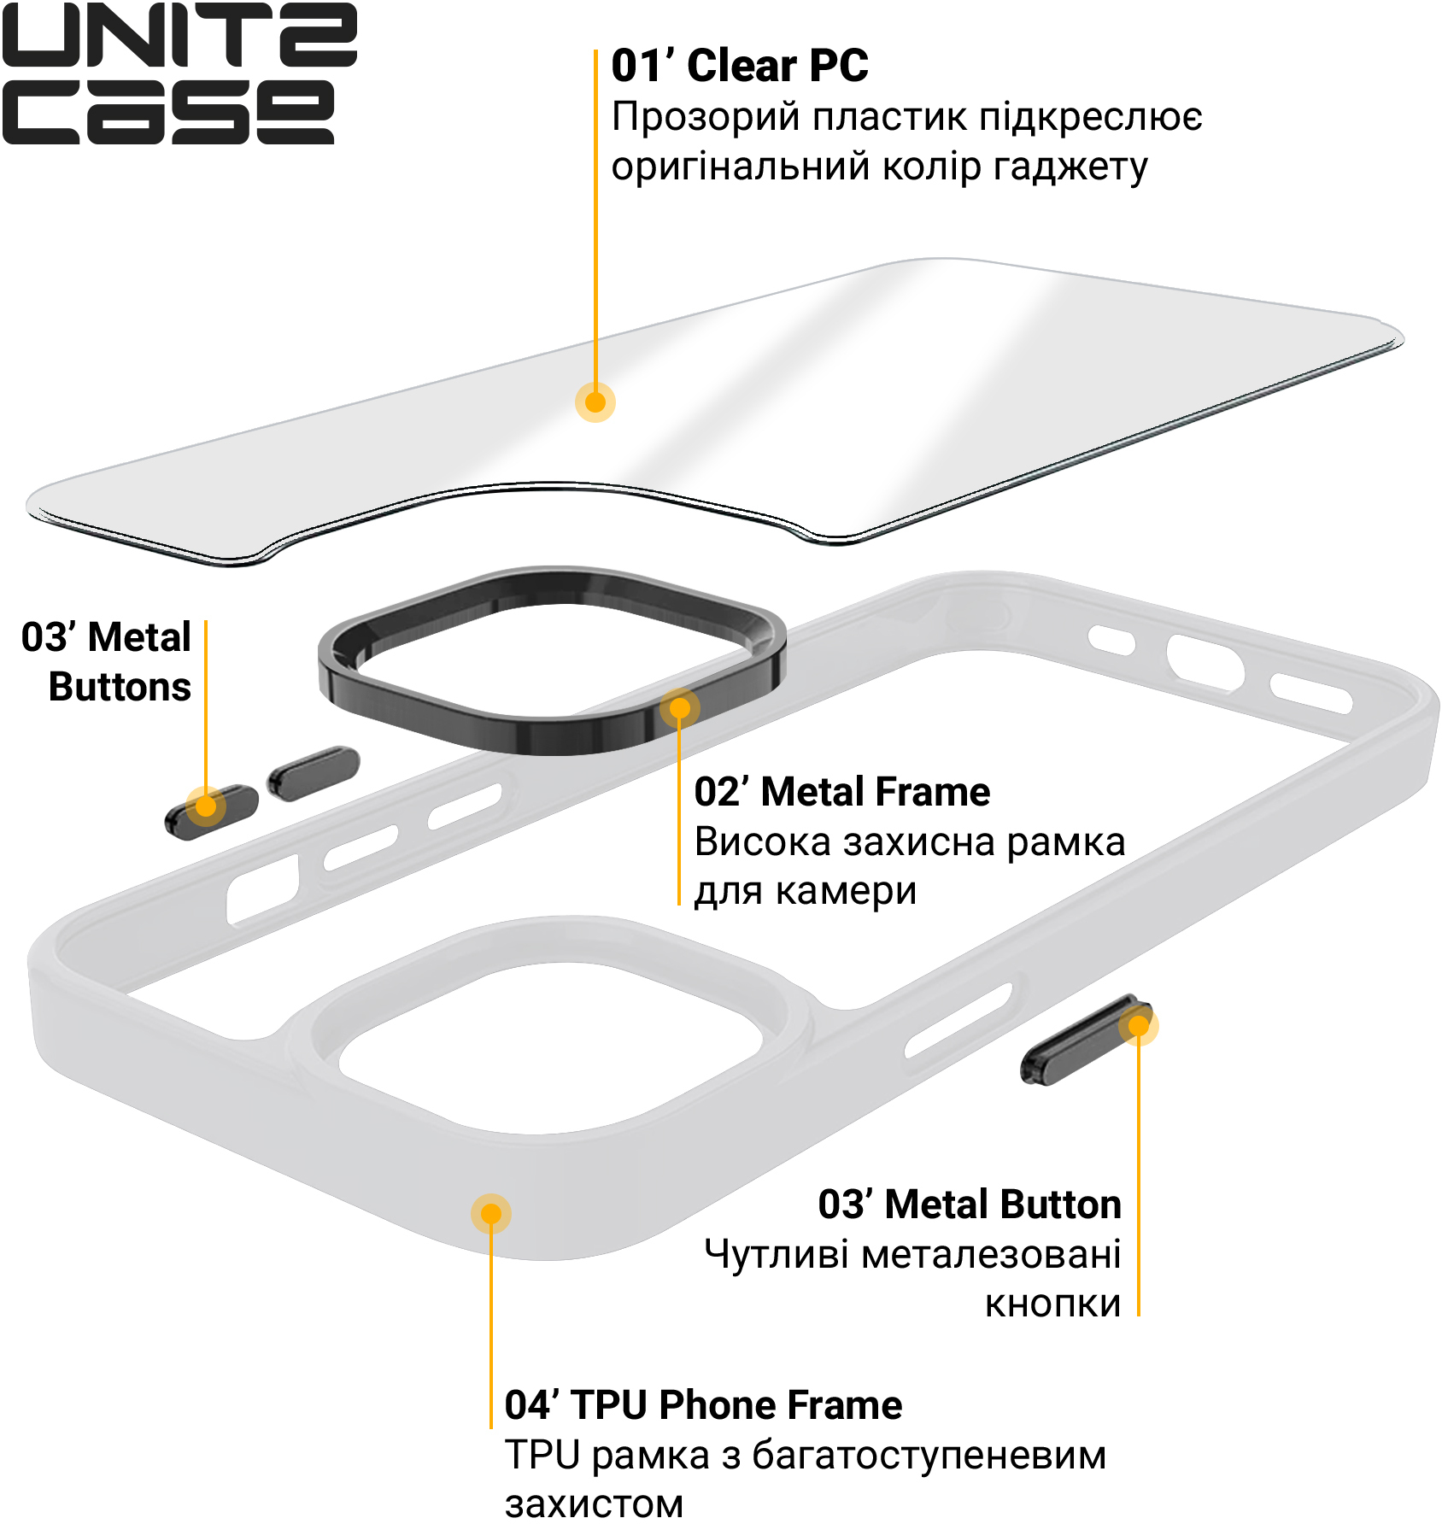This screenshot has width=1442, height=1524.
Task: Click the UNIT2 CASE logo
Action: pos(179,73)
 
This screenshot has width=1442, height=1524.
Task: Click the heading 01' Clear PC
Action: pos(740,66)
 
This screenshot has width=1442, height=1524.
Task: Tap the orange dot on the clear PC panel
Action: pos(595,402)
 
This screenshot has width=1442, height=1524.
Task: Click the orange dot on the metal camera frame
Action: pos(680,709)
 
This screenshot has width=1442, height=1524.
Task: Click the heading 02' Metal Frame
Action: pos(842,792)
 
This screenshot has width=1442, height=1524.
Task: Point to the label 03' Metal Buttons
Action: pos(107,662)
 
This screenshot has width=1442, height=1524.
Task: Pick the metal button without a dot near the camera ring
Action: pos(314,773)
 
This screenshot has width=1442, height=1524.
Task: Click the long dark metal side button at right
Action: pos(1086,1040)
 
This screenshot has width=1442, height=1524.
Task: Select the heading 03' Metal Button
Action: pos(970,1205)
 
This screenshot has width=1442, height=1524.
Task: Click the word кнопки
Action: pos(1053,1304)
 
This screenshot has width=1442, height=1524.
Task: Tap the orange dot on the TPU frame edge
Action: pos(491,1214)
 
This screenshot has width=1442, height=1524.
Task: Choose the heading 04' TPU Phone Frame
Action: pos(703,1405)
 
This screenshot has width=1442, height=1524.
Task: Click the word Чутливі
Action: pos(777,1254)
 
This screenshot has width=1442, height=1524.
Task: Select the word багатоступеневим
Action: pos(929,1457)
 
